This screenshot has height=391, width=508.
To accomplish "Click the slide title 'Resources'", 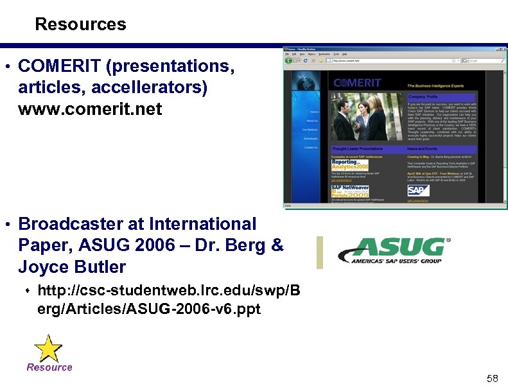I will [x=80, y=24].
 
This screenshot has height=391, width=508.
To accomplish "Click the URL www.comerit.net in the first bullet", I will [x=90, y=109].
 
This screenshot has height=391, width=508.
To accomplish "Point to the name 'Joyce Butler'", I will [x=72, y=266].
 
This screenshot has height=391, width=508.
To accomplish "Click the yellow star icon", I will [x=48, y=348].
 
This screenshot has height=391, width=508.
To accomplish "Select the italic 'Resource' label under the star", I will [x=49, y=367].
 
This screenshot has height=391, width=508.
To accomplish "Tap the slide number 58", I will [x=493, y=379].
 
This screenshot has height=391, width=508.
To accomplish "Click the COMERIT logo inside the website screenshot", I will [x=357, y=82].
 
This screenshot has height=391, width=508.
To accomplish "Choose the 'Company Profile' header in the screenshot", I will [x=423, y=97].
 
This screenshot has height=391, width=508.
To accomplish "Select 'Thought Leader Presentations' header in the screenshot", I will [x=357, y=148].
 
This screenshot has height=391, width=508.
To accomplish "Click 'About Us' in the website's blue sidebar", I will [x=311, y=121].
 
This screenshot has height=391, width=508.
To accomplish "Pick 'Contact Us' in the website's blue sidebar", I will [x=311, y=148].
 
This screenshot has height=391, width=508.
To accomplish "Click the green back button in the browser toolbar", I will [x=289, y=60].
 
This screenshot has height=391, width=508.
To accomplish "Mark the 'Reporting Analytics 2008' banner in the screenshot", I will [x=351, y=165].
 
